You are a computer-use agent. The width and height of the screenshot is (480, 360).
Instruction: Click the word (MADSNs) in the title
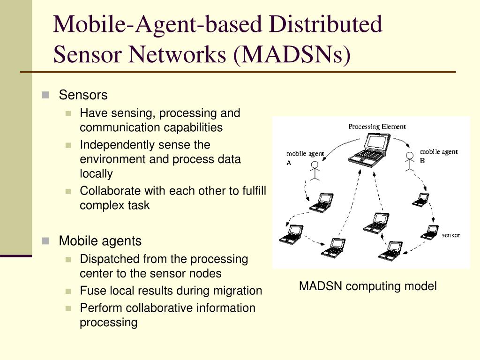coord(291,54)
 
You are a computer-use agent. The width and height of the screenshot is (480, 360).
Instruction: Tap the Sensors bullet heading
coord(83,95)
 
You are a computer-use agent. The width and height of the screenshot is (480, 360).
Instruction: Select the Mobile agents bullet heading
coord(100,241)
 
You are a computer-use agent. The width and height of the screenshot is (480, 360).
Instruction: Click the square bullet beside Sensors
coord(45,95)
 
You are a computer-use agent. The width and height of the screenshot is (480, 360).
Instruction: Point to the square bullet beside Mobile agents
coord(45,241)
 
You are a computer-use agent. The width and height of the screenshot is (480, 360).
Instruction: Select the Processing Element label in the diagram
coord(376,127)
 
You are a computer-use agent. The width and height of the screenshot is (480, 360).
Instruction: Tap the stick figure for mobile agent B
coord(410,161)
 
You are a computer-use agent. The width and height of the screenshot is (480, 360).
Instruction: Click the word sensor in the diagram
coord(451,235)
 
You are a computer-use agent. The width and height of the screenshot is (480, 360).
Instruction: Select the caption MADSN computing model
coord(368,286)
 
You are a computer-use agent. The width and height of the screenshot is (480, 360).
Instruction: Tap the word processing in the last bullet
coord(108,322)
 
